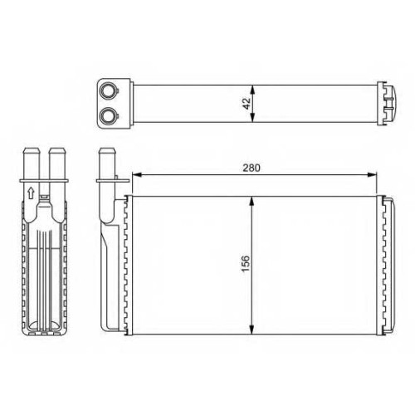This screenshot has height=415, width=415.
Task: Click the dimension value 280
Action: (251, 168)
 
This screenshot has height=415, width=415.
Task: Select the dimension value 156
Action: (246, 264)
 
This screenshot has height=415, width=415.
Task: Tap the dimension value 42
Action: (247, 104)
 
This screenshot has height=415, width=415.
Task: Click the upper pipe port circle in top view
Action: (108, 90)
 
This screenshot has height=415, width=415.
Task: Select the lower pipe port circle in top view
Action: (108, 115)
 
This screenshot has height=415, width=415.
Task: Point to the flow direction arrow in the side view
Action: (31, 193)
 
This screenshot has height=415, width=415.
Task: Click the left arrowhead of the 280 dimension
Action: (137, 174)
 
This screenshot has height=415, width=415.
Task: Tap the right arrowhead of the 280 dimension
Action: (372, 174)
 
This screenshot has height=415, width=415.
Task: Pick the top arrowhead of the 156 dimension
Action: (251, 201)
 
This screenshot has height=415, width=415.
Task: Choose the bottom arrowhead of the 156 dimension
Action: (251, 330)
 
